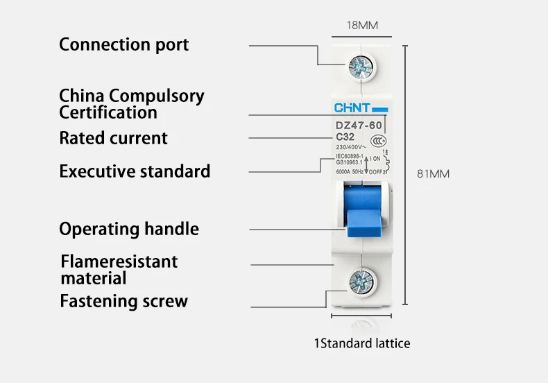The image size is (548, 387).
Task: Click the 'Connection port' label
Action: click(123, 44)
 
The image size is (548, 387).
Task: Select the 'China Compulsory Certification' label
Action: click(131, 103)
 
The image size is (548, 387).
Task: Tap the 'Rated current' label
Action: click(113, 138)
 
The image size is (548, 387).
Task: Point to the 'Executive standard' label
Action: click(135, 171)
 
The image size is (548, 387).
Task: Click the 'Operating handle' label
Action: click(129, 229)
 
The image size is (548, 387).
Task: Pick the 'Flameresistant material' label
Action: click(119, 270)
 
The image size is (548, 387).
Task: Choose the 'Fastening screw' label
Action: click(123, 301)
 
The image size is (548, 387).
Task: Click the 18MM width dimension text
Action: click(362, 26)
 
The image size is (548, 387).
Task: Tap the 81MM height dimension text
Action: click(433, 173)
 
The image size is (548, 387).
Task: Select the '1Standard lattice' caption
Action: click(362, 343)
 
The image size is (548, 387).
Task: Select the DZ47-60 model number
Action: click(358, 126)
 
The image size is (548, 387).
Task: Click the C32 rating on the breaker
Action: click(345, 136)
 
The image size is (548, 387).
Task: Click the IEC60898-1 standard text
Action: click(350, 157)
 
